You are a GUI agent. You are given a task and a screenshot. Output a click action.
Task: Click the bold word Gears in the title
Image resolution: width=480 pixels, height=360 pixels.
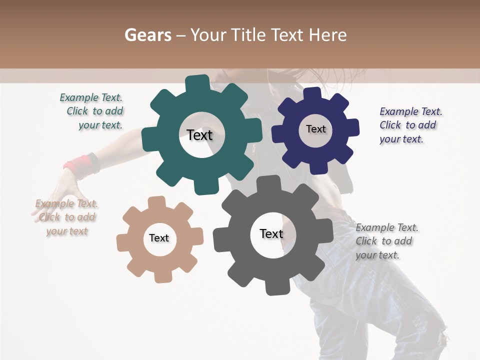(x=147, y=35)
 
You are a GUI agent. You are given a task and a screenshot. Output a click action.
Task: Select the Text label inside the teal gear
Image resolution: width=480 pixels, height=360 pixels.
(x=199, y=135)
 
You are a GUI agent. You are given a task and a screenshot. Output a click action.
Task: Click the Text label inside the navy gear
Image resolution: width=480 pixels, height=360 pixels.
(x=315, y=129)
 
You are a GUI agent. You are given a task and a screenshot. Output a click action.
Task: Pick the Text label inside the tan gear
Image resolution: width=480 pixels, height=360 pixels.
(x=159, y=238)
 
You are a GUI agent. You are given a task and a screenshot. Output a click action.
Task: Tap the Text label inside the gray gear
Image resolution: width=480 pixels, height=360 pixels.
(x=271, y=233)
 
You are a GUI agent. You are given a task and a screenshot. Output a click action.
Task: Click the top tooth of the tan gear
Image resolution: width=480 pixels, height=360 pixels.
(x=156, y=201)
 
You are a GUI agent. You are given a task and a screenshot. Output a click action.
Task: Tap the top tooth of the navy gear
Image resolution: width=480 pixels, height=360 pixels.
(x=312, y=93)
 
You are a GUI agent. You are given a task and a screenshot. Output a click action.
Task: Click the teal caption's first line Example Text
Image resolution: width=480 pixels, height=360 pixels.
(x=91, y=97)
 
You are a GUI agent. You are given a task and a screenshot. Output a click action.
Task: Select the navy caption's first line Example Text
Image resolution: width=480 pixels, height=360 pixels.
(x=411, y=111)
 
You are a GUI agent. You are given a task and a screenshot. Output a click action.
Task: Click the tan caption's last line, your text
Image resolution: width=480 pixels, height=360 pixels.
(x=67, y=231)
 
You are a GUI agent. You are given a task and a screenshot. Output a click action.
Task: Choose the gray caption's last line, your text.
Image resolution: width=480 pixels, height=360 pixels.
(x=377, y=255)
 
